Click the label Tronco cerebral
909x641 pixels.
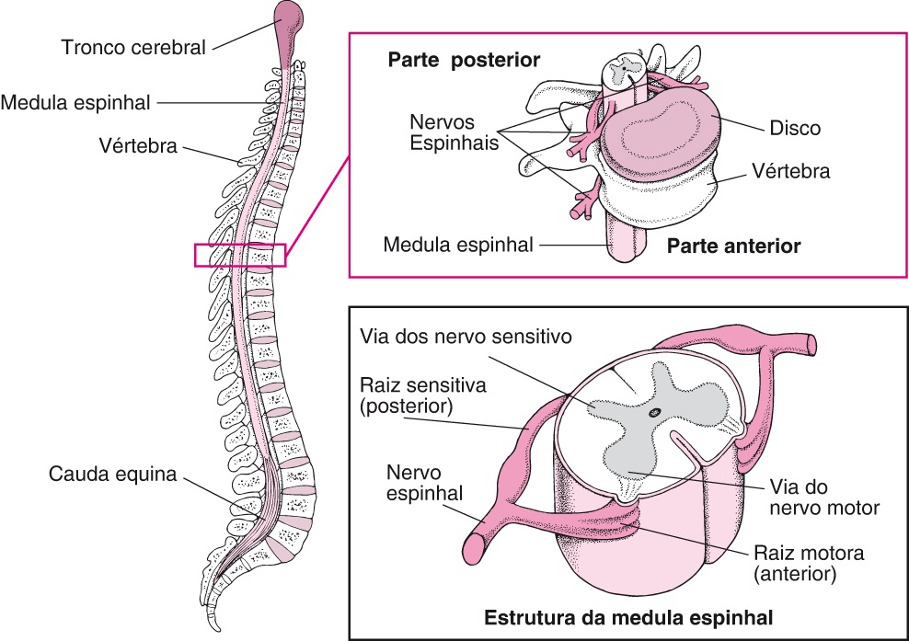[x=132, y=46]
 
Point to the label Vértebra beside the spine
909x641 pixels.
[x=137, y=145]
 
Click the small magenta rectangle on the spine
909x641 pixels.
[x=240, y=255]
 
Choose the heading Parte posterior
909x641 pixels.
[x=464, y=60]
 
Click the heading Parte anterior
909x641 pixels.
[x=734, y=246]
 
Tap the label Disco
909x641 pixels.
[x=795, y=128]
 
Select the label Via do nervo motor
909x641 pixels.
[x=823, y=497]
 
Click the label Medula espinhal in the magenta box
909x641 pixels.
[x=458, y=246]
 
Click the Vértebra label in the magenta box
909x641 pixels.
[x=790, y=171]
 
